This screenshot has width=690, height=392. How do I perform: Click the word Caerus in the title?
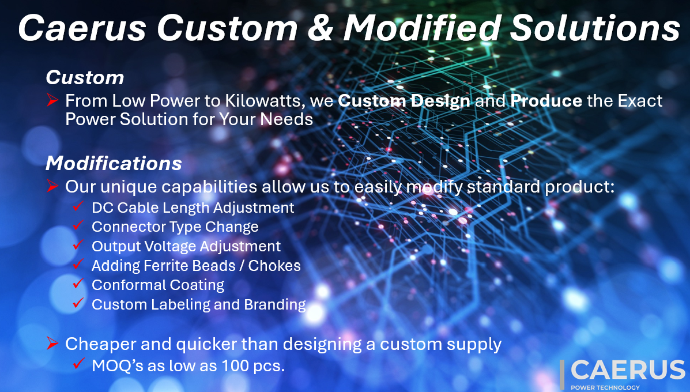point(82,28)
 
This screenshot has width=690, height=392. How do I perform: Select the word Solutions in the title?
point(595,28)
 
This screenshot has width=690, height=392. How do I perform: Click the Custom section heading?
point(85,77)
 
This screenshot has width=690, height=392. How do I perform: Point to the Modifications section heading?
point(114,163)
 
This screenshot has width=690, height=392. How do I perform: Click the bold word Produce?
point(546,101)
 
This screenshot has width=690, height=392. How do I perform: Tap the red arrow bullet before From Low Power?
point(52,100)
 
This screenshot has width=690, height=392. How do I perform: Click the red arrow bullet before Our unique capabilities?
point(52,186)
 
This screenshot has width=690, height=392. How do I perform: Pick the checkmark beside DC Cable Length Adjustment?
point(78,205)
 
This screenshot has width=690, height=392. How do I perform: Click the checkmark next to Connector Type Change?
point(78,225)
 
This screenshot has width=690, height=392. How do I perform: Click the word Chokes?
point(274,266)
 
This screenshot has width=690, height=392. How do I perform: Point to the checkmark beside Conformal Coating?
point(78,283)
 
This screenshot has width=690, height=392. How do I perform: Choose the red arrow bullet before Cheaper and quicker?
point(52,343)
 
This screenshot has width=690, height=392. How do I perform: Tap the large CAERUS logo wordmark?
point(628,370)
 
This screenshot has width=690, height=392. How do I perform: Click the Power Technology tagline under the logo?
point(605,387)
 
